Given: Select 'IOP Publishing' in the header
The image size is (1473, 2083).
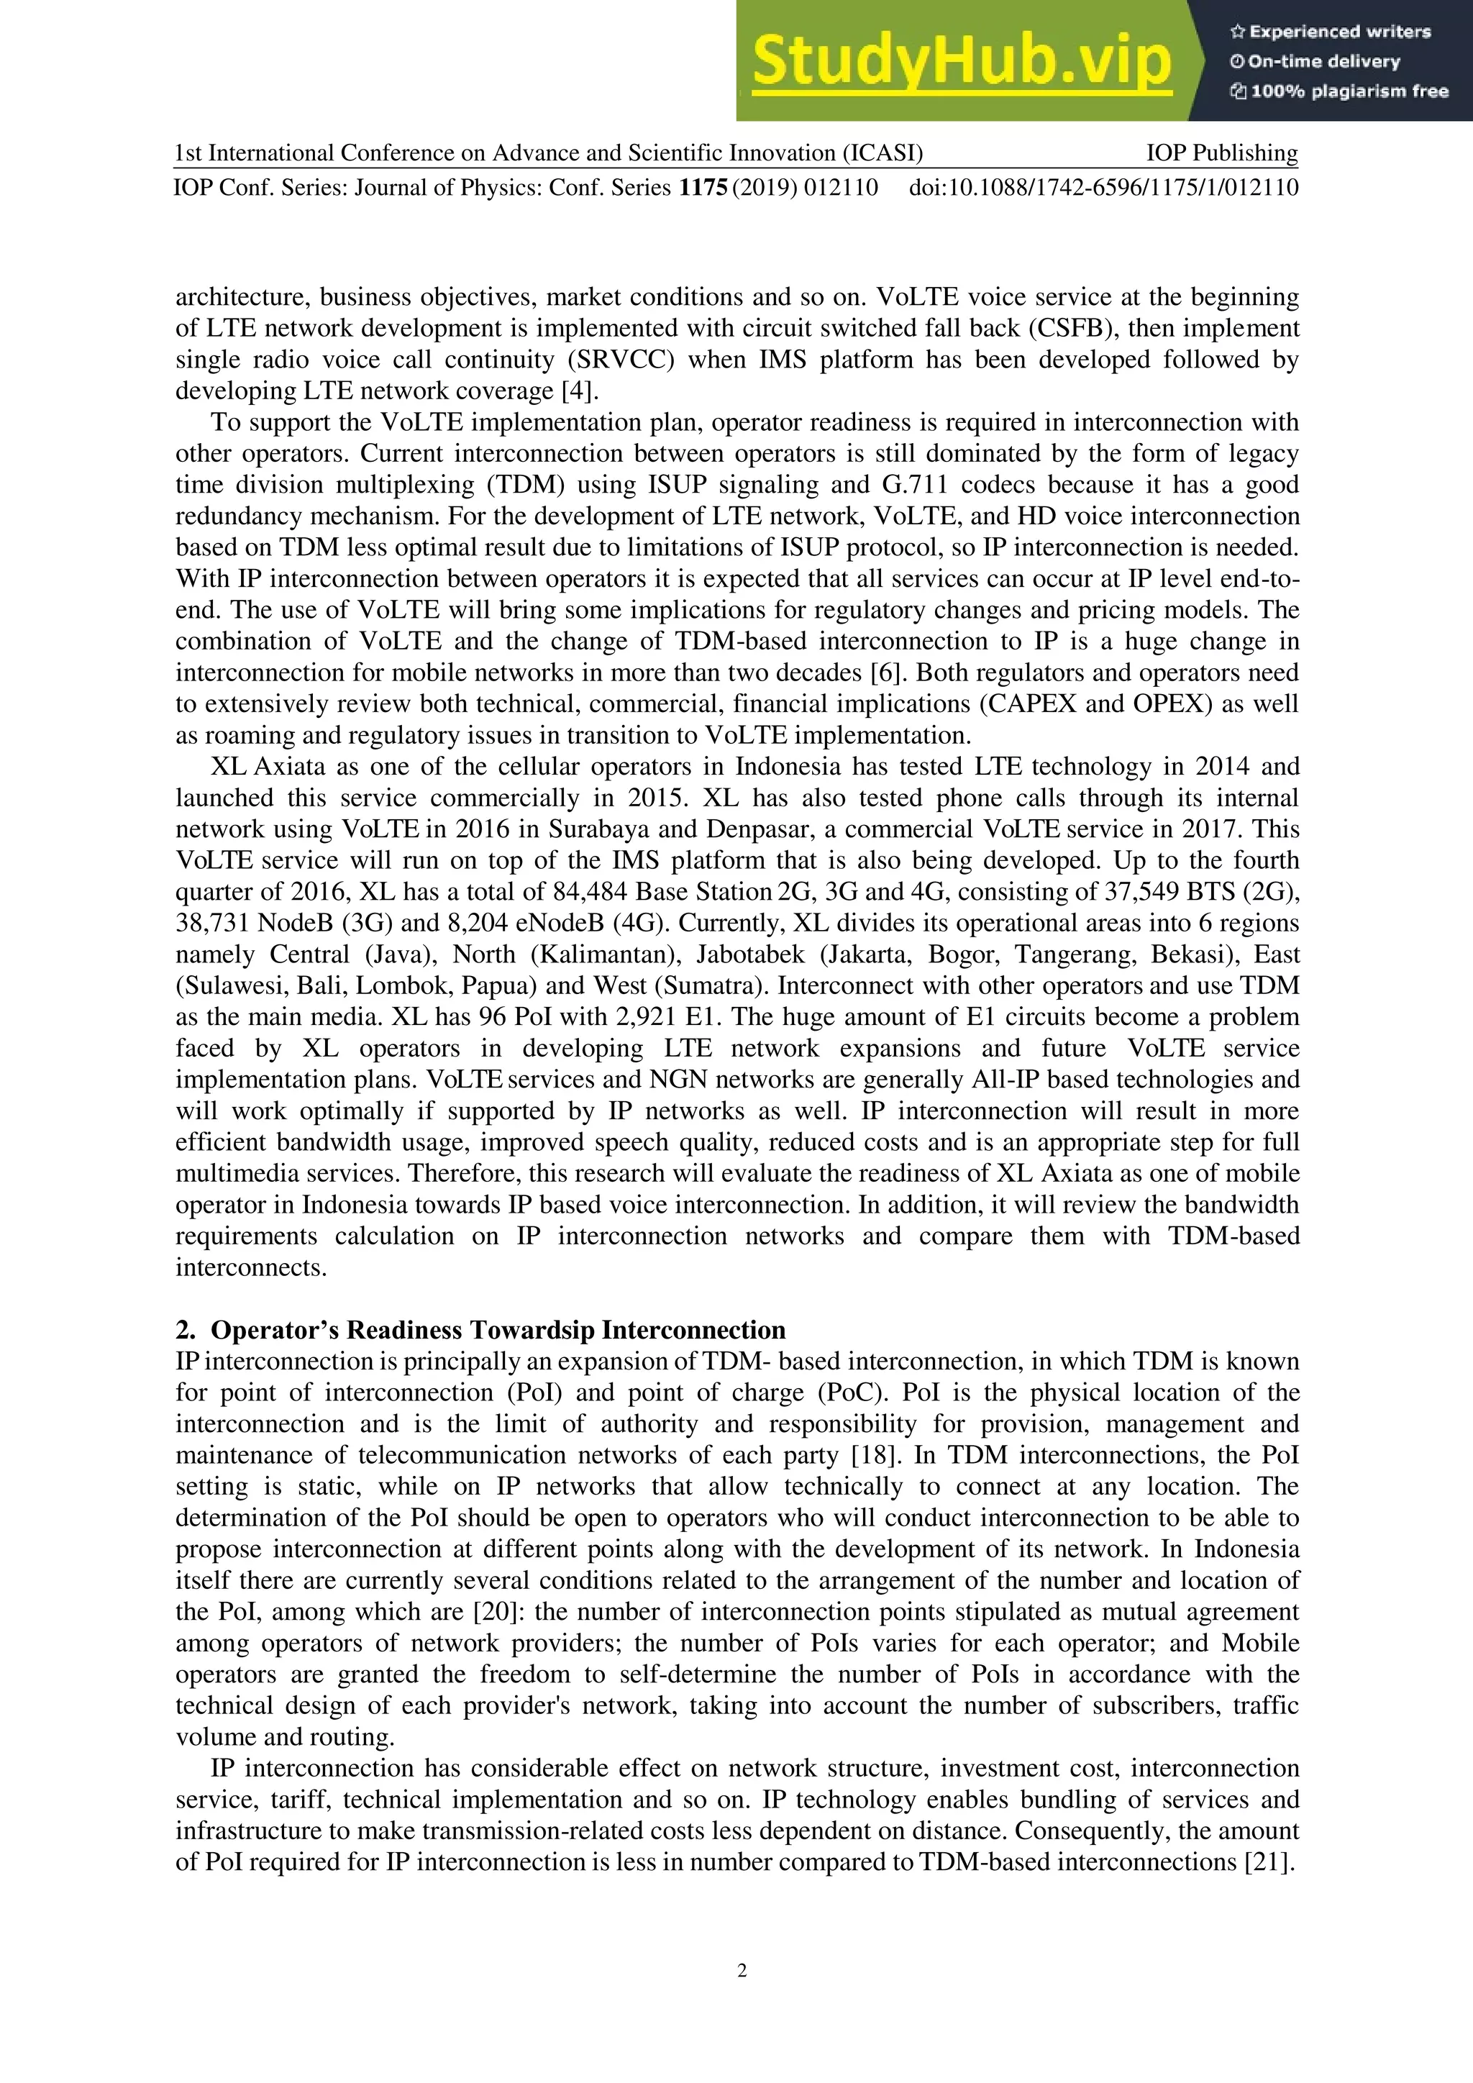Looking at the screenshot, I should tap(1222, 152).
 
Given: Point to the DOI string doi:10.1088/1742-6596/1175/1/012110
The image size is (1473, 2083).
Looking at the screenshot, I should tap(1103, 188).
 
